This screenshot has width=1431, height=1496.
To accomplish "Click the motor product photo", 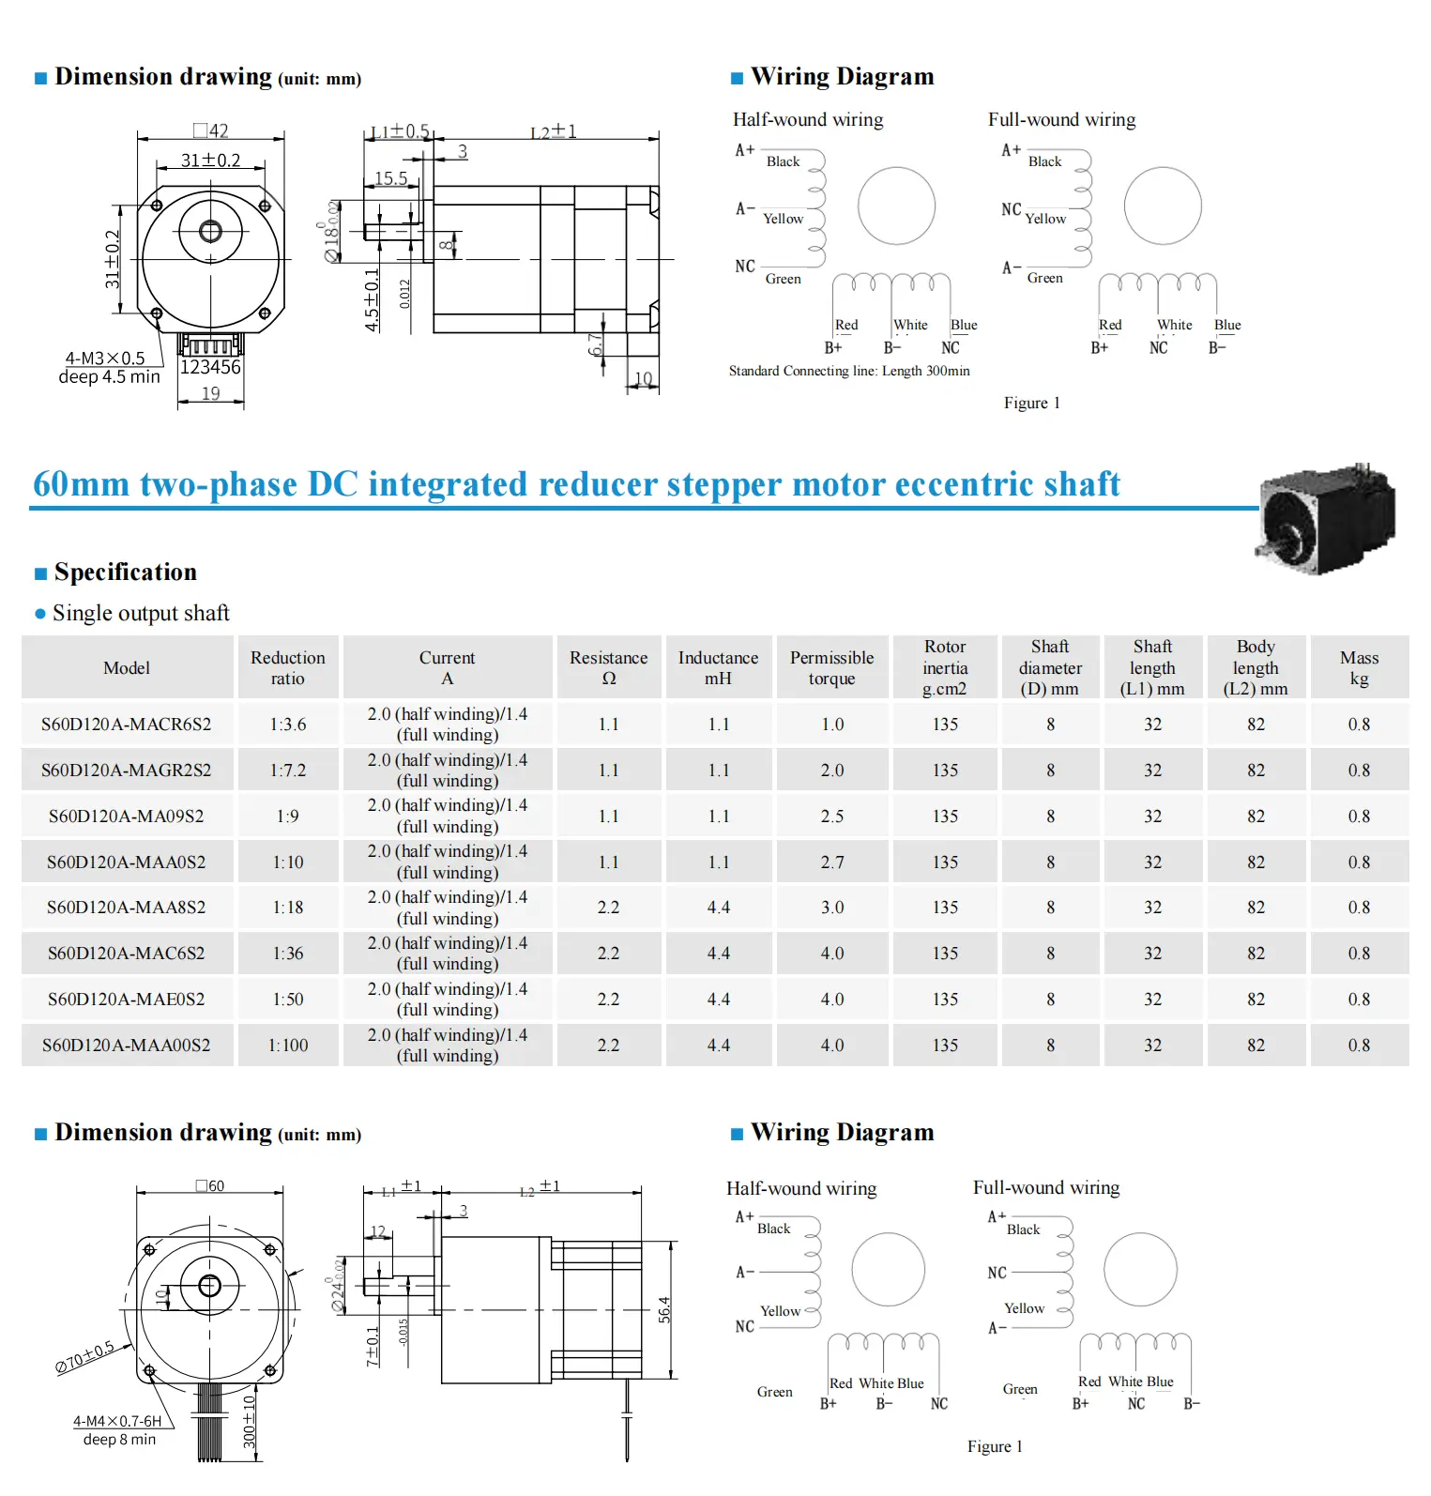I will [1327, 517].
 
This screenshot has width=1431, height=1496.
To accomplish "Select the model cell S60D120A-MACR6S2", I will [127, 725].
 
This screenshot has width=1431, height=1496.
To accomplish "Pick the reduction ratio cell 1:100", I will [288, 1046].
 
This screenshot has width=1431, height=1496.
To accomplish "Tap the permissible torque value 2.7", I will [832, 862].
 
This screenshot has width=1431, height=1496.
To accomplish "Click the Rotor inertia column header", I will [945, 667].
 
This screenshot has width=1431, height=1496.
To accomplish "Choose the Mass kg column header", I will [1359, 667].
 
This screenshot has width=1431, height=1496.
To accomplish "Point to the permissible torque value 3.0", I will [832, 908].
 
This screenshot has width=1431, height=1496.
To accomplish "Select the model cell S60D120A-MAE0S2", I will [127, 1000].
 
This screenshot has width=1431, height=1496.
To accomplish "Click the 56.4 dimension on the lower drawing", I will [664, 1309].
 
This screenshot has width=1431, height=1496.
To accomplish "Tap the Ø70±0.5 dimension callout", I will [84, 1357].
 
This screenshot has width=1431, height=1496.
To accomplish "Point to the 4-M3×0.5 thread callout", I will [105, 359].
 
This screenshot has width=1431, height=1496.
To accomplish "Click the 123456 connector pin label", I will [210, 367].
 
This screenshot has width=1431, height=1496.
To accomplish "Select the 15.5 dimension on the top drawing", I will [391, 178].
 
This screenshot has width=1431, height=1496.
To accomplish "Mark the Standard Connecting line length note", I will [849, 371].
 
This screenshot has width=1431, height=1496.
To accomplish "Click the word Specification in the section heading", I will [126, 572].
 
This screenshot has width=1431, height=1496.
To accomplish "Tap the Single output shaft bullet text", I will [141, 613].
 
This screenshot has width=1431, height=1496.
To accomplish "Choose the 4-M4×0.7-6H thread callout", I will [117, 1421].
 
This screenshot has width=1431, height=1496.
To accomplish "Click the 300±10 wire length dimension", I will [250, 1422].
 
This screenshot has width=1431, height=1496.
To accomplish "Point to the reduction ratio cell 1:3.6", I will [288, 725].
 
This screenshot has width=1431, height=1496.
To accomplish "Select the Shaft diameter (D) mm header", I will [1050, 667].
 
